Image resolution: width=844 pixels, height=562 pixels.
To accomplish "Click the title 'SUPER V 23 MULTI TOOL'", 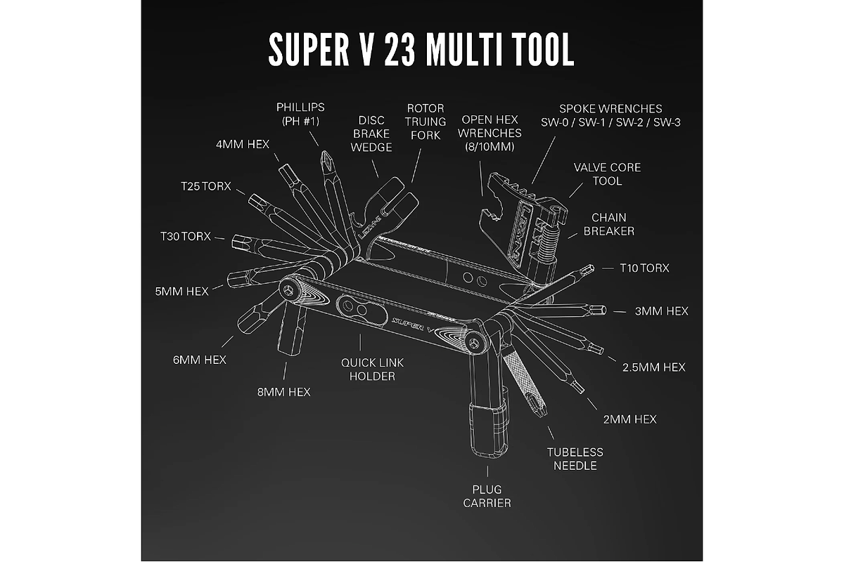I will point(421,48).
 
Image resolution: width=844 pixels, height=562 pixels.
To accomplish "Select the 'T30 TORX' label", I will point(186,237).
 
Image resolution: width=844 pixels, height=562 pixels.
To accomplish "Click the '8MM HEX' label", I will point(284,391).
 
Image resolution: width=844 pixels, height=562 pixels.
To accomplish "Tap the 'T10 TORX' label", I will point(644,268).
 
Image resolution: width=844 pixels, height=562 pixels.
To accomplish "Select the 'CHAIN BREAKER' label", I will point(608,224).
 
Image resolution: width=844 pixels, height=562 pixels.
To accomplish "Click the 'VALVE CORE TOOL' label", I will point(607,174).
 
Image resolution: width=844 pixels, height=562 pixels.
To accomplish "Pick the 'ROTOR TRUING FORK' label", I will point(426,122).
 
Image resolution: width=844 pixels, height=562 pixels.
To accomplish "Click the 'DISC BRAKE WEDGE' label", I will point(371,133).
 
